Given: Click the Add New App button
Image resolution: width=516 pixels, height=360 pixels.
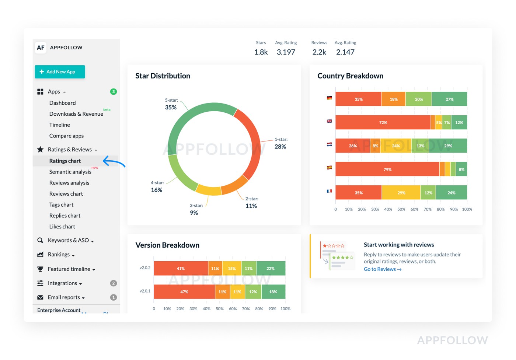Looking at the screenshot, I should [60, 72].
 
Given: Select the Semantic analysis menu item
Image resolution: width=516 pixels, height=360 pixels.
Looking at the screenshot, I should [70, 172].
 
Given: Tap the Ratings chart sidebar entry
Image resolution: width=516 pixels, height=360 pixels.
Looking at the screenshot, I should [65, 161].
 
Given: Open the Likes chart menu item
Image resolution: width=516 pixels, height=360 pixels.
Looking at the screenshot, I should [62, 227].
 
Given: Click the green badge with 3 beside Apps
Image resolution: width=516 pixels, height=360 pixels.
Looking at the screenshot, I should [114, 91].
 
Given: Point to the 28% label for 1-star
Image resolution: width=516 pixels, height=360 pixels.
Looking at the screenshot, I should [280, 147].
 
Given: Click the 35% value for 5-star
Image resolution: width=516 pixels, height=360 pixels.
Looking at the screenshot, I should [171, 108].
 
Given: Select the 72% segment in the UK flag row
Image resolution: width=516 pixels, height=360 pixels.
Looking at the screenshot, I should [383, 122].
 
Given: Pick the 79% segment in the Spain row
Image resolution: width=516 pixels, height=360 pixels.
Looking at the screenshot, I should [387, 169].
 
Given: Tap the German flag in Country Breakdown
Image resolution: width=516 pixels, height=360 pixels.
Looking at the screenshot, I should [329, 98].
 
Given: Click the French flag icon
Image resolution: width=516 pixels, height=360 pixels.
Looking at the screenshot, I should [329, 191].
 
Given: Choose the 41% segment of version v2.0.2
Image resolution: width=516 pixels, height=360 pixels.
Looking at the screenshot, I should [181, 269].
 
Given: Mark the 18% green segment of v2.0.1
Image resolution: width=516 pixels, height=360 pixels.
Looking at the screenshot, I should [273, 292].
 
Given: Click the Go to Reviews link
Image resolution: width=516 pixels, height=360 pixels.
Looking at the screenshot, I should [382, 269].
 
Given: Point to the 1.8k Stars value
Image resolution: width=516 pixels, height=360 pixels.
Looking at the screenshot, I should [261, 52].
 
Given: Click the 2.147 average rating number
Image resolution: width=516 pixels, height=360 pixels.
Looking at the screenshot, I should [345, 52].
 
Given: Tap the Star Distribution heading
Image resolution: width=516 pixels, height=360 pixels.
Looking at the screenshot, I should [163, 76].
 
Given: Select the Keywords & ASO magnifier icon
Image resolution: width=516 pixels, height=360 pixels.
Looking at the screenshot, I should [40, 240].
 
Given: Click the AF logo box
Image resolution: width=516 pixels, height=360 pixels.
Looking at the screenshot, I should [41, 48].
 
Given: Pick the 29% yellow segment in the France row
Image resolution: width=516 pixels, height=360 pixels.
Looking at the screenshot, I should [401, 193].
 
